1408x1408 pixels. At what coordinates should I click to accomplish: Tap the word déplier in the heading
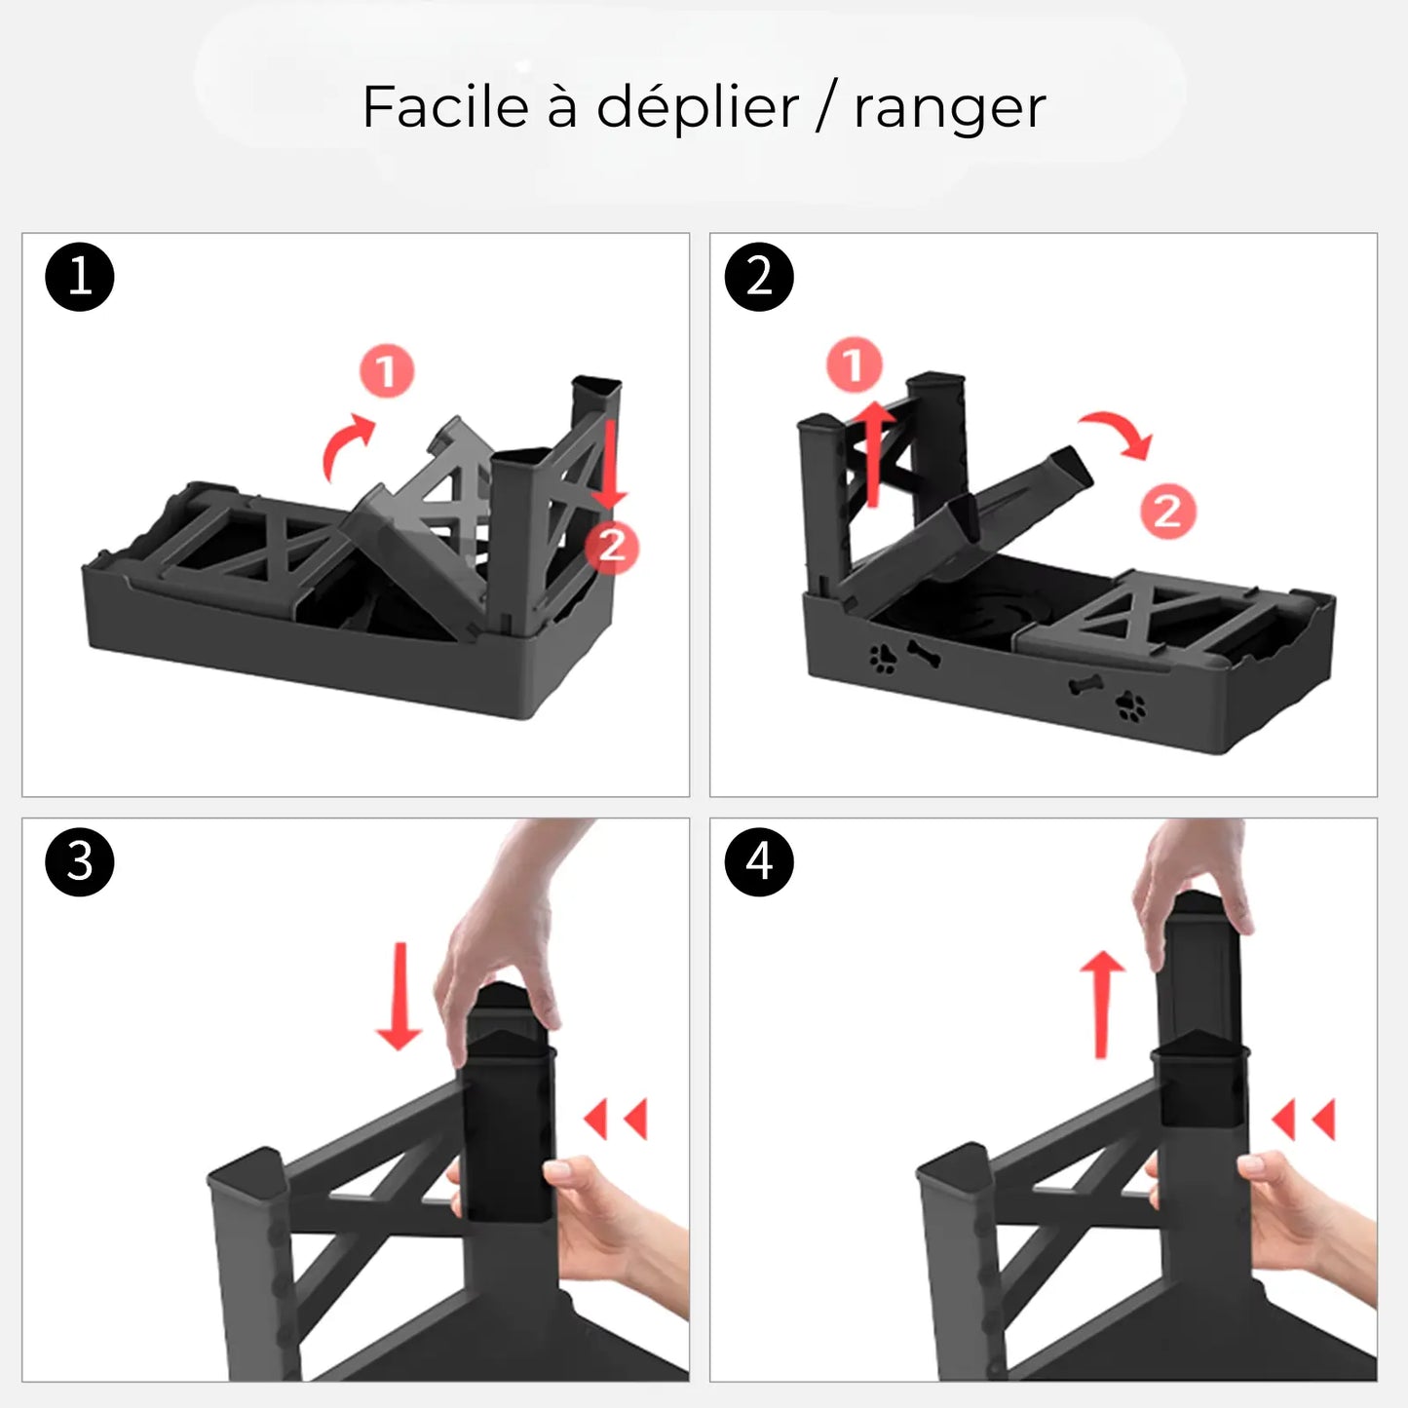click(x=697, y=108)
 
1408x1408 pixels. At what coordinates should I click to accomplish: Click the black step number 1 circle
click(x=80, y=277)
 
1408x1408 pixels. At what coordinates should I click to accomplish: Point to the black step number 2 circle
click(x=759, y=277)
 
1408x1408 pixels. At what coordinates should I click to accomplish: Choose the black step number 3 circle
click(x=80, y=862)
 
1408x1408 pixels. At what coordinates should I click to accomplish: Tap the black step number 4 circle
click(x=759, y=862)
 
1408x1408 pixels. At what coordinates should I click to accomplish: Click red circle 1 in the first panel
click(x=387, y=371)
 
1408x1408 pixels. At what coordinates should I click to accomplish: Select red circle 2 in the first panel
click(x=611, y=546)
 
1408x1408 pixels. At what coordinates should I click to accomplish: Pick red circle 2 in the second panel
click(x=1167, y=511)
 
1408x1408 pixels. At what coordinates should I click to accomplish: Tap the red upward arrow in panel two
click(x=875, y=453)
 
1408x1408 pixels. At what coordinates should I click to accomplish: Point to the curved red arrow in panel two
click(x=1119, y=433)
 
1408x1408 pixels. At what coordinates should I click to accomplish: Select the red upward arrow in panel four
click(x=1102, y=1004)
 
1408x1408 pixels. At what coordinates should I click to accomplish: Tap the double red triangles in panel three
click(x=617, y=1120)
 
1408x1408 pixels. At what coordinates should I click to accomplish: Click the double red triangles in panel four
click(x=1304, y=1120)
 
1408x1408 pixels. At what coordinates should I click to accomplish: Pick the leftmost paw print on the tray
click(x=884, y=660)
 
